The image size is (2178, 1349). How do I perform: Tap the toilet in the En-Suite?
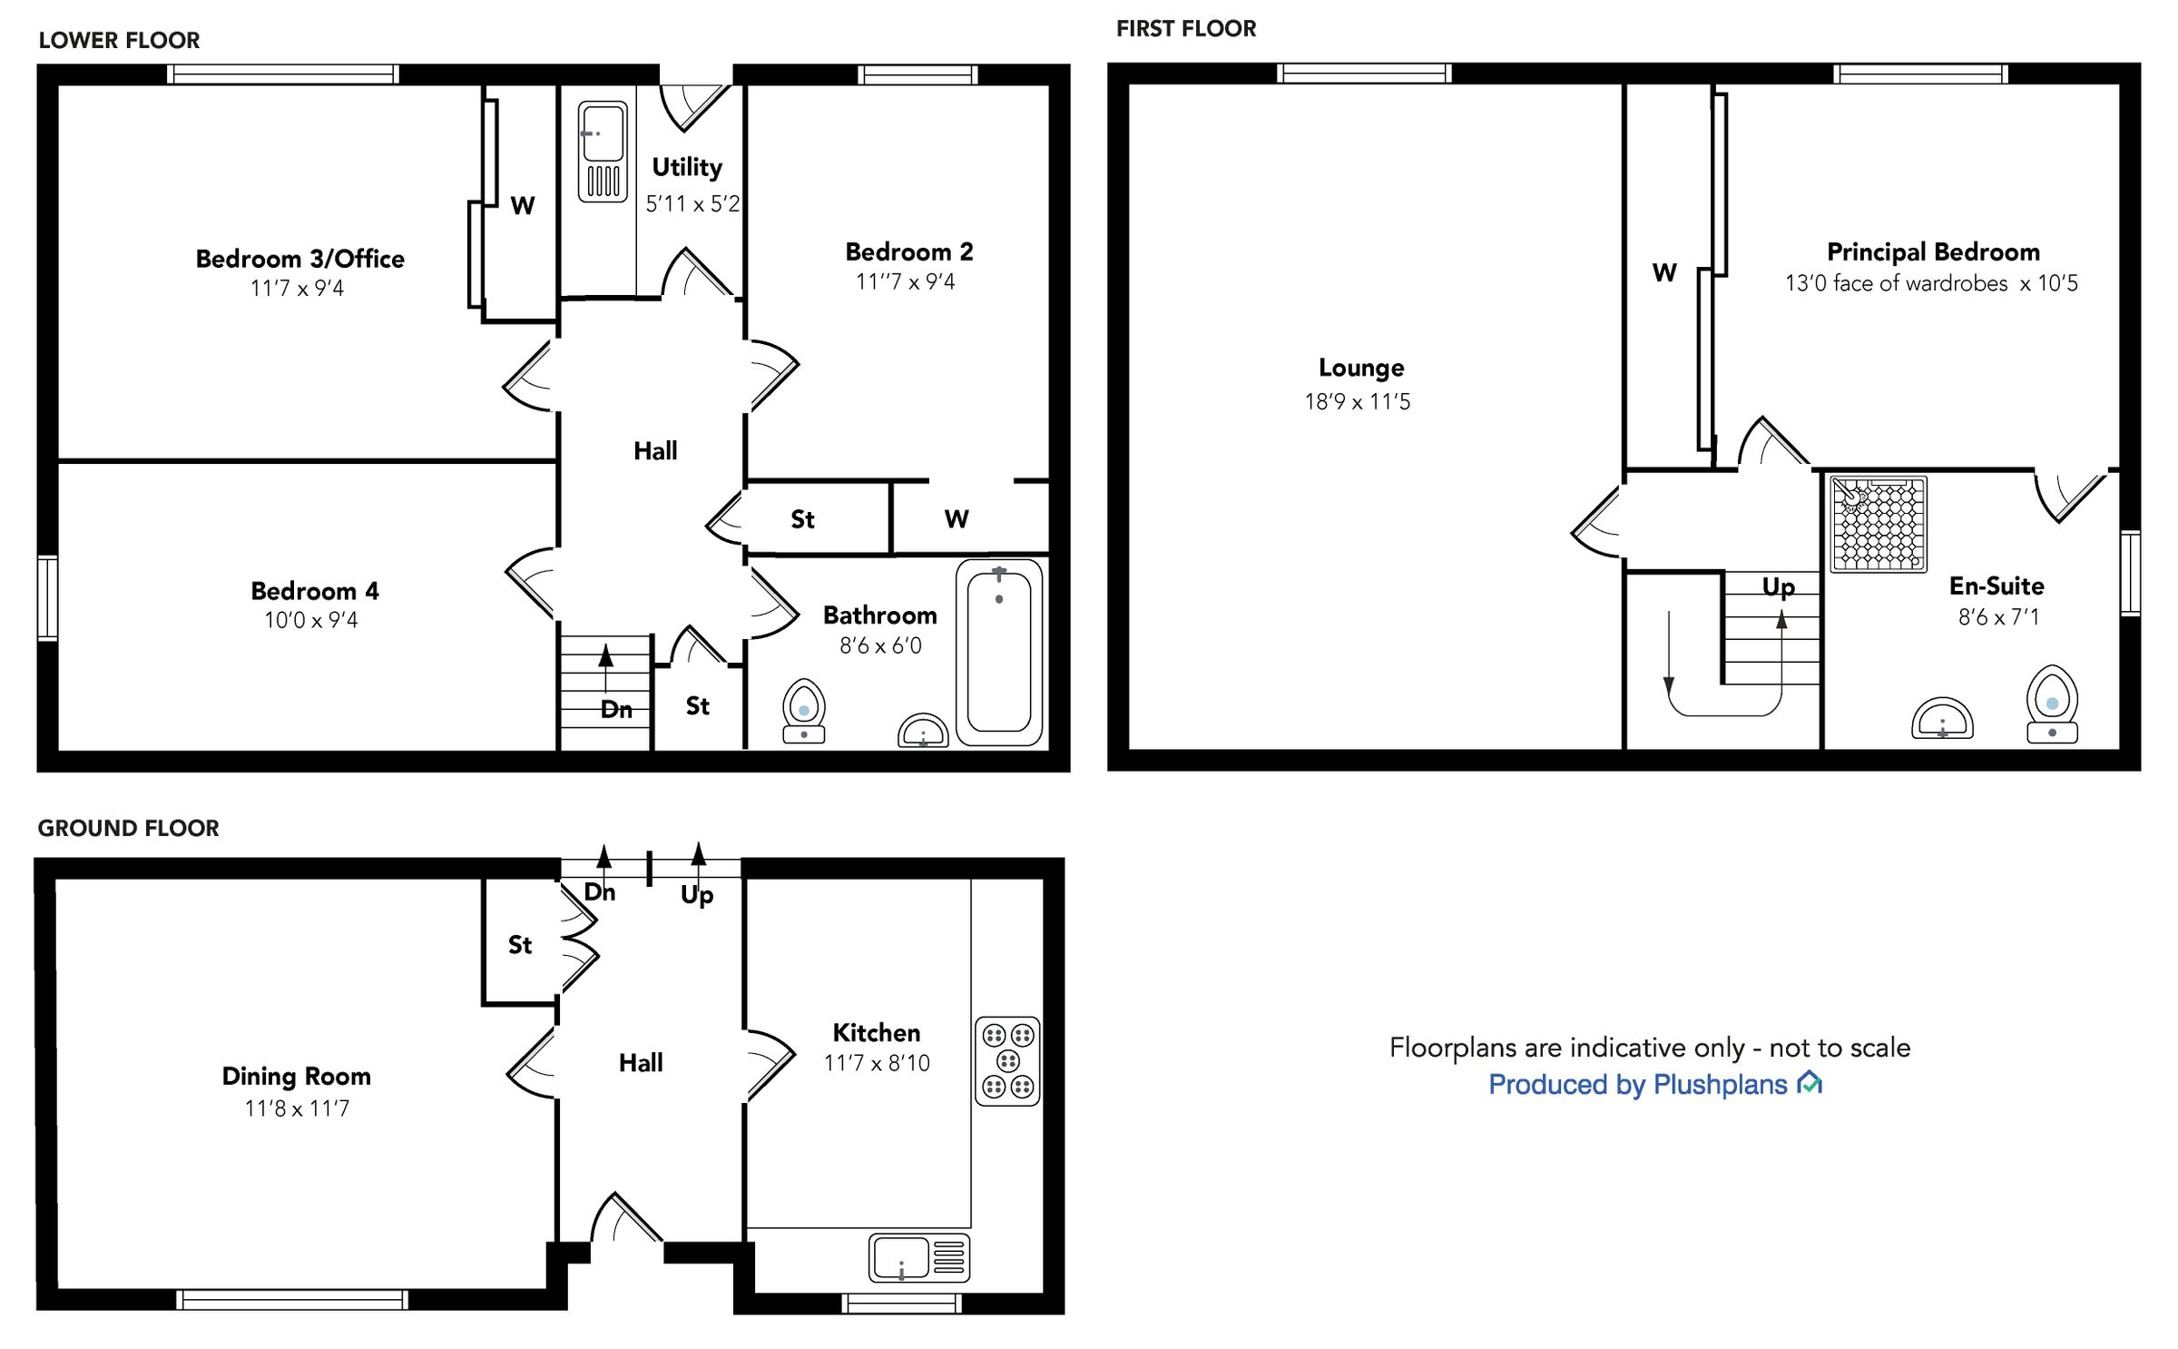2052,705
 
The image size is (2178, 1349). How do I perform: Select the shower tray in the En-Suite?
1878,525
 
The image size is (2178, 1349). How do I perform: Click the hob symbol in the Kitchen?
1007,1061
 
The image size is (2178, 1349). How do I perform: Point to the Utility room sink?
603,151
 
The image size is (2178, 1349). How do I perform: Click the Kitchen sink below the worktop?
918,1257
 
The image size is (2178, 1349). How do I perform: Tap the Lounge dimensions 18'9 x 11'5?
1358,401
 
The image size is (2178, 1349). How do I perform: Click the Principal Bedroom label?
1933,251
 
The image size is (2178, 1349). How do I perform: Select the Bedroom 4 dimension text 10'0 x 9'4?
310,620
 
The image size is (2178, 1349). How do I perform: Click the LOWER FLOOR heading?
119,40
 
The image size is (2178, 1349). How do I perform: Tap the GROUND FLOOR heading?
128,828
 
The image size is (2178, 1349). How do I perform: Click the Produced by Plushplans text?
1638,1084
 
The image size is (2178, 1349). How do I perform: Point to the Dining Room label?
296,1076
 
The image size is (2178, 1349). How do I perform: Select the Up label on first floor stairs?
1778,586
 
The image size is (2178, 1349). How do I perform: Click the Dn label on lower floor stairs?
616,709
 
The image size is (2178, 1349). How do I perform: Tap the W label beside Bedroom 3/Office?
522,205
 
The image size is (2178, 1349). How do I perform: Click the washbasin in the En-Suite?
1942,719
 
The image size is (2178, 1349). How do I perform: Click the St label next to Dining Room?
519,945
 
